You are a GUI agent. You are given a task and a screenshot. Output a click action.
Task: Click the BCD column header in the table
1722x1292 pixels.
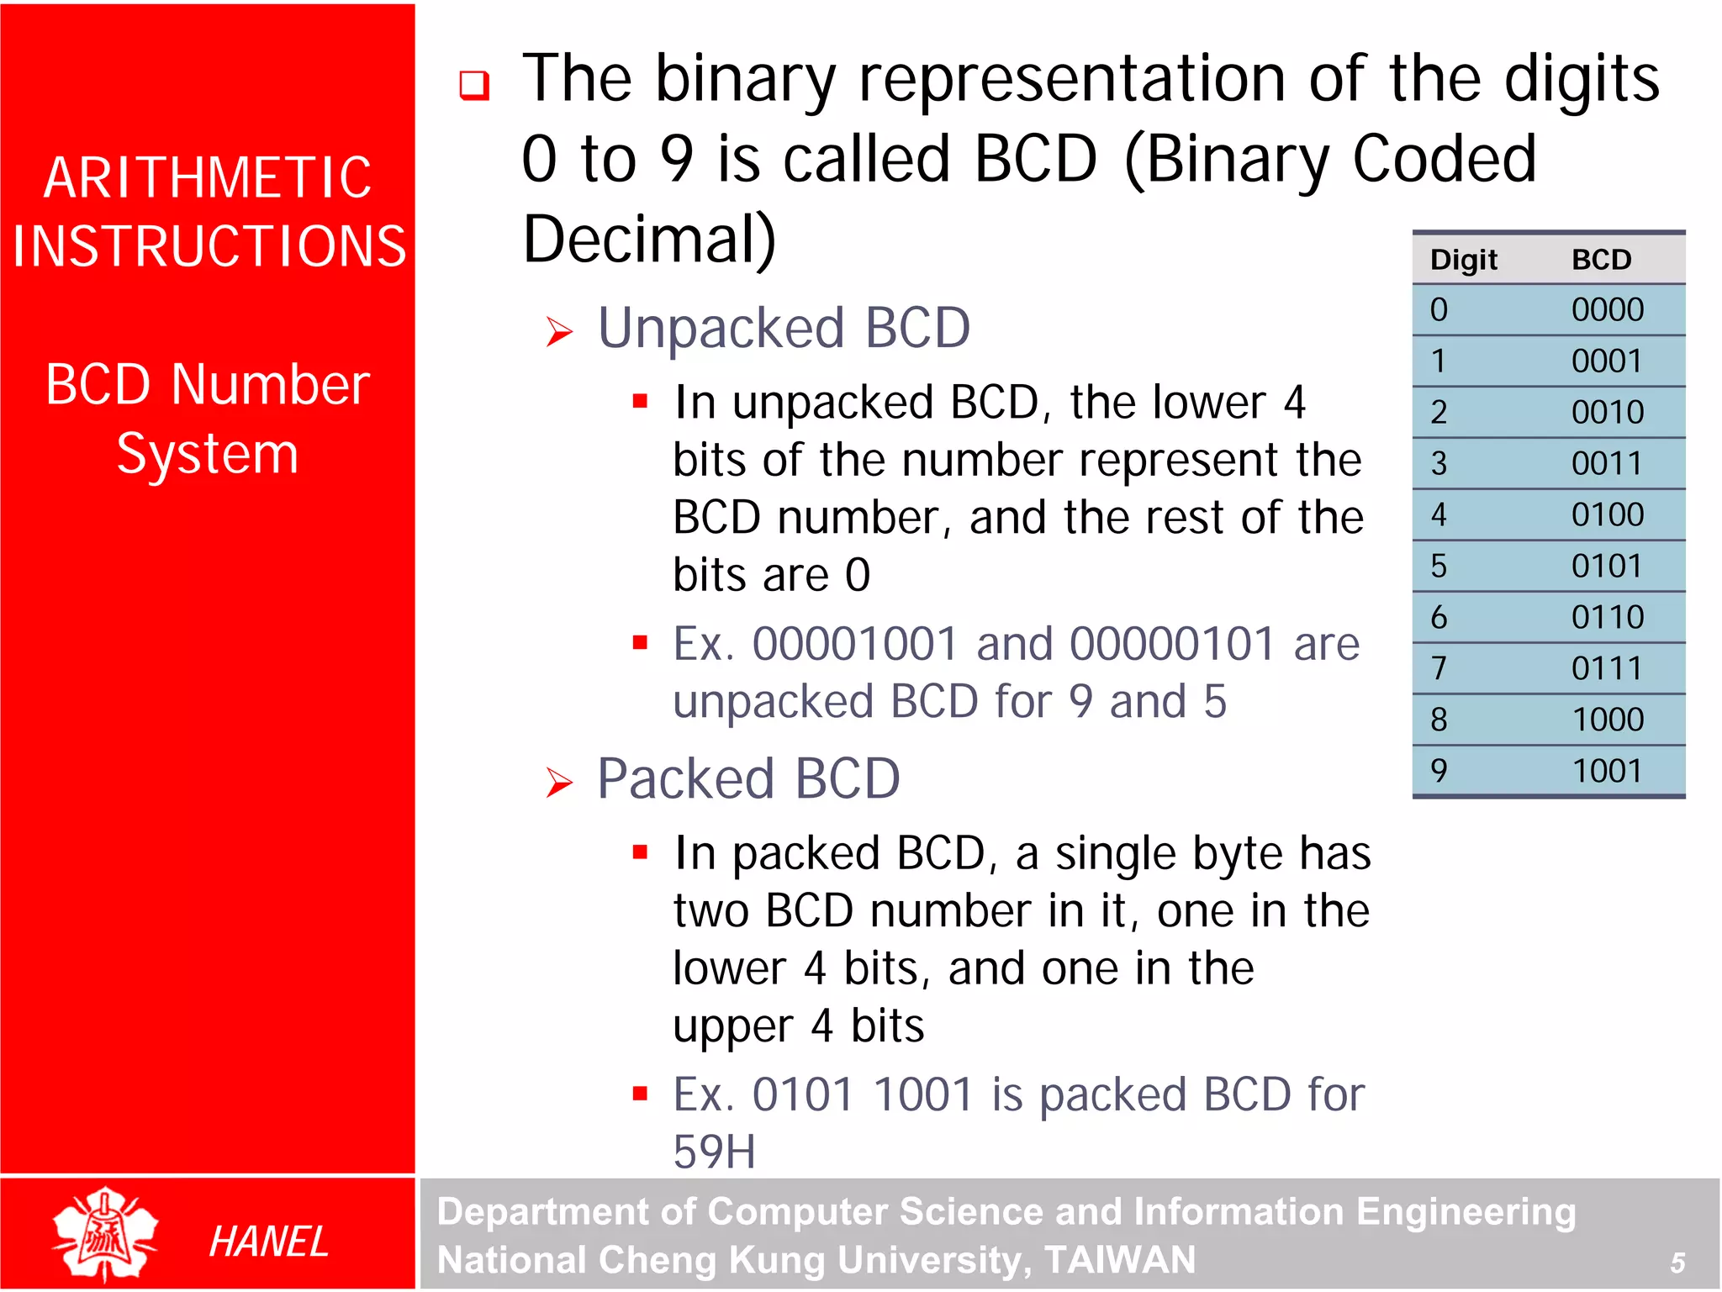[x=1601, y=260]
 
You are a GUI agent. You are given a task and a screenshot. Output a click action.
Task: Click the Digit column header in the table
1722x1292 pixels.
[x=1464, y=260]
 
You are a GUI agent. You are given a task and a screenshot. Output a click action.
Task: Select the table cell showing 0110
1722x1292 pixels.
[x=1607, y=617]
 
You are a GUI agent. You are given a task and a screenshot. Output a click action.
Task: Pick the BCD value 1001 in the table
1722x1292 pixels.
[x=1607, y=771]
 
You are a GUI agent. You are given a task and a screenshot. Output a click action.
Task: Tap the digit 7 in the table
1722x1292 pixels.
[x=1439, y=668]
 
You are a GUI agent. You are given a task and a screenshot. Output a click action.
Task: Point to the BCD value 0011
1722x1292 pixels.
[x=1607, y=463]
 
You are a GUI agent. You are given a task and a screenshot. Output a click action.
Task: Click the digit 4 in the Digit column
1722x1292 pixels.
[x=1439, y=514]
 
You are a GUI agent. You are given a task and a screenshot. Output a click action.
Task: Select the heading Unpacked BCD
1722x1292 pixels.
[x=784, y=328]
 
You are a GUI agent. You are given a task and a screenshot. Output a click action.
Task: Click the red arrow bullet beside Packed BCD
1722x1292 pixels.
[x=559, y=783]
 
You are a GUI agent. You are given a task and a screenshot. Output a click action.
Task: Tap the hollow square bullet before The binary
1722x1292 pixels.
[x=474, y=85]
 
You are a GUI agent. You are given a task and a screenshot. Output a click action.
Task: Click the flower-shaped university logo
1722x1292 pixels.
[x=104, y=1233]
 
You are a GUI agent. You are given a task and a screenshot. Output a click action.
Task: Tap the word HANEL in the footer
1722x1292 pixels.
[x=268, y=1242]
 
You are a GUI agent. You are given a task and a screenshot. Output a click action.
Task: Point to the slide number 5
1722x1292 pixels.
[x=1677, y=1263]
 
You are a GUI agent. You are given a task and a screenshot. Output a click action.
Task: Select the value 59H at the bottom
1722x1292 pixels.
[x=714, y=1152]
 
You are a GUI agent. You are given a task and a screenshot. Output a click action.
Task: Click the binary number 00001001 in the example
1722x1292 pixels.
[x=854, y=645]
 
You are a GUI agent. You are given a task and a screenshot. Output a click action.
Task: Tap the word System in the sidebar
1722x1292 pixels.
[x=208, y=454]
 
